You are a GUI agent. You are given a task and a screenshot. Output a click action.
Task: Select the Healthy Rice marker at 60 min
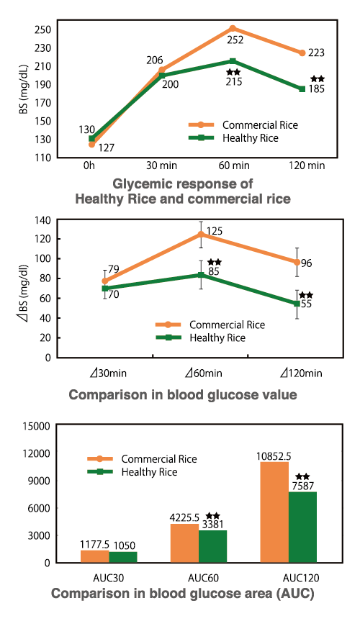coord(233,62)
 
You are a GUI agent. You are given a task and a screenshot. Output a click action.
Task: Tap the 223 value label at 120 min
coord(317,53)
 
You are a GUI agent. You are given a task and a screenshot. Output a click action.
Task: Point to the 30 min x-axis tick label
coord(161,166)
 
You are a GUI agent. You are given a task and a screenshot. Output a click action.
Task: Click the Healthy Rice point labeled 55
coord(297,304)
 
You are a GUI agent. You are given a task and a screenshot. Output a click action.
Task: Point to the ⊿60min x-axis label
coord(204,373)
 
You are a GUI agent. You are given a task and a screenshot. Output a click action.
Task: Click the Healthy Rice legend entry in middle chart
coord(217,337)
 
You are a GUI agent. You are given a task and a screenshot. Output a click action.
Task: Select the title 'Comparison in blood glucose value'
coord(182,395)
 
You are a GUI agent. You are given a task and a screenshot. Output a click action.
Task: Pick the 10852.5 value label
coord(274,456)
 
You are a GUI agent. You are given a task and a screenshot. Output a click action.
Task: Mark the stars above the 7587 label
coord(303,476)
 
